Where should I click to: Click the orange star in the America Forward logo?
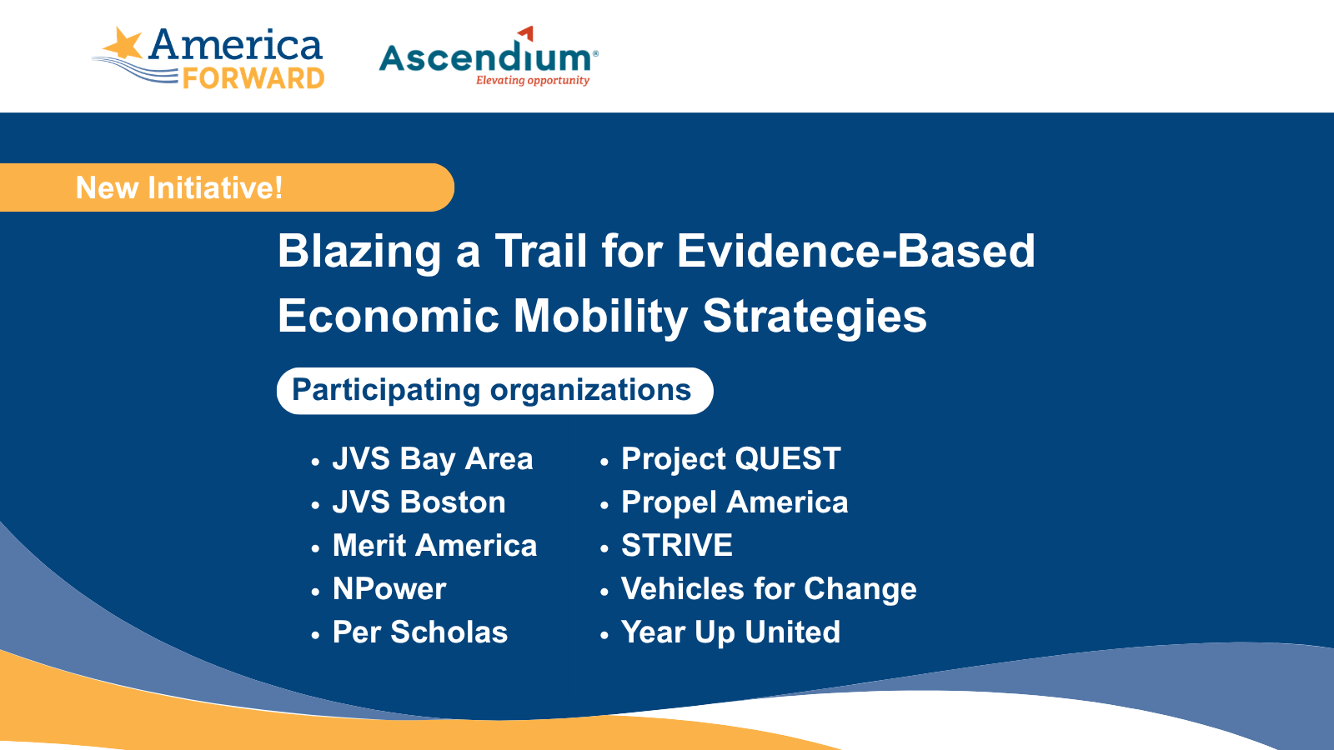pos(122,42)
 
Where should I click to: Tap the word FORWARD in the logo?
pos(253,78)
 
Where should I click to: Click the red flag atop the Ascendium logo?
pos(526,32)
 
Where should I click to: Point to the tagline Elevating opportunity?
pos(533,80)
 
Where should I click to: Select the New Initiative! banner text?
pos(179,188)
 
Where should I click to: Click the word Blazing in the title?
pos(359,252)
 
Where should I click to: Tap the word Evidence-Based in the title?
pos(855,251)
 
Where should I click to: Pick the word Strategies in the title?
pos(815,317)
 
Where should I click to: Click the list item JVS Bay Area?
pos(433,459)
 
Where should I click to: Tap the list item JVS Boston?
pos(419,502)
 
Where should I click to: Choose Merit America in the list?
pos(434,546)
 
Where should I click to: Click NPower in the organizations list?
pos(389,589)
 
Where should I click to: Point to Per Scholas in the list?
pos(420,632)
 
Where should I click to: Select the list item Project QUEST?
pos(730,459)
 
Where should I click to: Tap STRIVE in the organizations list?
pos(676,546)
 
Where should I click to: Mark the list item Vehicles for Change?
pos(769,589)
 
